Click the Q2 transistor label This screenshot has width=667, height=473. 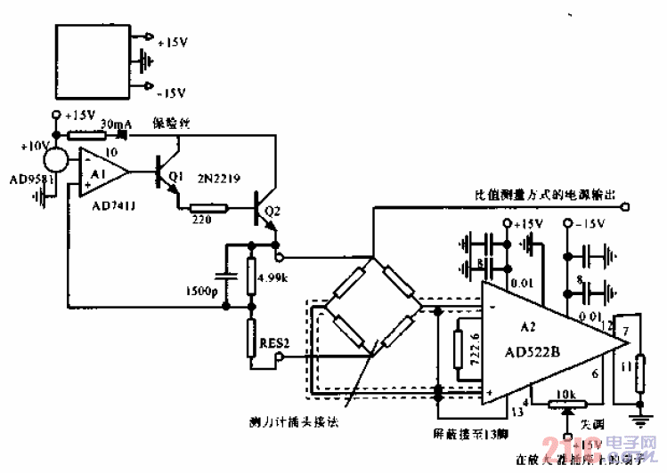click(272, 212)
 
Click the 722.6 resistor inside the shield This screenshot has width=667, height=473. click(460, 353)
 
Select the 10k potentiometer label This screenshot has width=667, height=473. click(568, 394)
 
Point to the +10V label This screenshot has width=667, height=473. click(35, 145)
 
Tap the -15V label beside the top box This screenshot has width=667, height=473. click(170, 92)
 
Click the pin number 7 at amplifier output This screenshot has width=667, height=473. click(625, 331)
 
